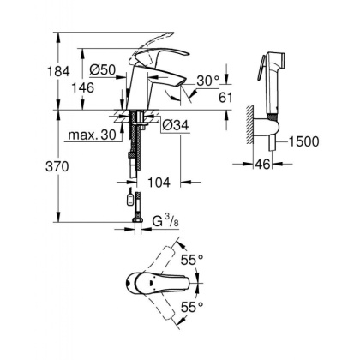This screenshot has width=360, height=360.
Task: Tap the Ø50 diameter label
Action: (x=103, y=69)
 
